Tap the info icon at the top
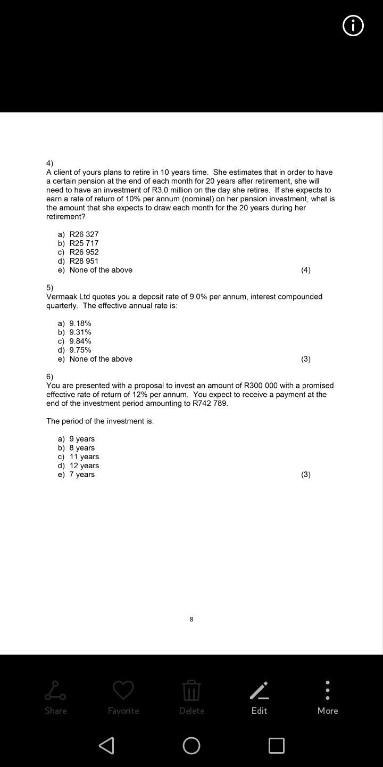coord(353,26)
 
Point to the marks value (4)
coord(306,270)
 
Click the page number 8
coord(191,619)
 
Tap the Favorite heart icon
coord(123,691)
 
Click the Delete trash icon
coord(191,691)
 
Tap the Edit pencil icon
coord(259,691)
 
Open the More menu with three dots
coord(328,691)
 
